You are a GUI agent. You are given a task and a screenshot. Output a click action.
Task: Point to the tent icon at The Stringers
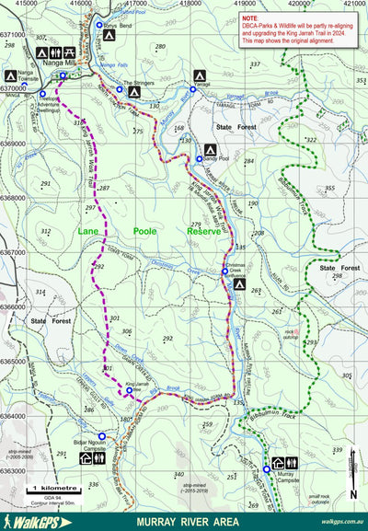tap(132, 93)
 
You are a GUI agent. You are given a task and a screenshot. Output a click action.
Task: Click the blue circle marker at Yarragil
tap(193, 89)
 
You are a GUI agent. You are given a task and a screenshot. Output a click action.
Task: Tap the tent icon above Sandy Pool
tap(210, 149)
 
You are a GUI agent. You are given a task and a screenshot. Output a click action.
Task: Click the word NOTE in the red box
tap(249, 17)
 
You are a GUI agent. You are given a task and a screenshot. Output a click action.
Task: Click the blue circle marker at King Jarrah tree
tap(129, 391)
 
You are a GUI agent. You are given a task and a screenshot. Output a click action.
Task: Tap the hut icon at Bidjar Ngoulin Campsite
tap(86, 457)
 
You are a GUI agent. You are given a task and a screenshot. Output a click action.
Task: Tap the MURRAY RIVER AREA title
tap(183, 522)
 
